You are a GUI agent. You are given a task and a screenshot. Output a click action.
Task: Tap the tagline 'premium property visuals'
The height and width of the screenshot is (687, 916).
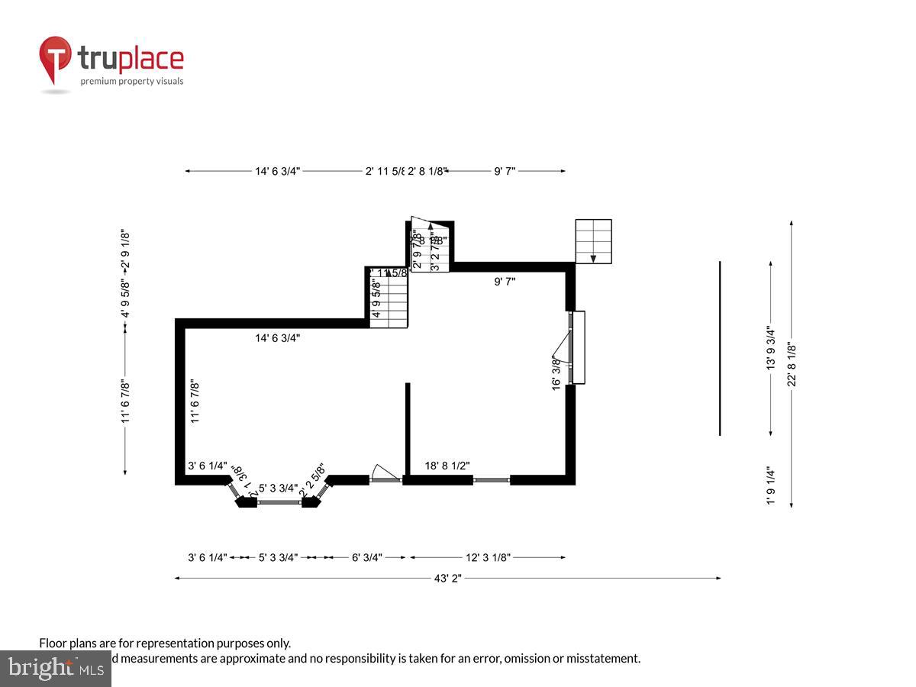pyautogui.click(x=132, y=81)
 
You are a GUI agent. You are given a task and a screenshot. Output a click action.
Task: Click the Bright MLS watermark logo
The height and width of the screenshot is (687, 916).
pyautogui.click(x=56, y=669)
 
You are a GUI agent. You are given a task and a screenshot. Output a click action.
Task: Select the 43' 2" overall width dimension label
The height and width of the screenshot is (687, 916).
pyautogui.click(x=447, y=579)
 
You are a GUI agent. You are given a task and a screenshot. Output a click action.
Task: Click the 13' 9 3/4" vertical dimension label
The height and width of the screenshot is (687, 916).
pyautogui.click(x=771, y=348)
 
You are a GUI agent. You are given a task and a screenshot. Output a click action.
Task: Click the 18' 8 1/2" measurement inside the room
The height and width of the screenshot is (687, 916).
pyautogui.click(x=447, y=465)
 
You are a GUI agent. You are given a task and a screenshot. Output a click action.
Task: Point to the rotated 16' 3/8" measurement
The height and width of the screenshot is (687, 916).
pyautogui.click(x=556, y=373)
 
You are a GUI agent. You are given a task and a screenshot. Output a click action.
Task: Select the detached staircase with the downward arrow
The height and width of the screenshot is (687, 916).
pyautogui.click(x=593, y=241)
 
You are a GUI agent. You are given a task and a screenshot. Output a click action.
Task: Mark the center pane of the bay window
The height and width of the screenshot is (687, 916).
pyautogui.click(x=279, y=502)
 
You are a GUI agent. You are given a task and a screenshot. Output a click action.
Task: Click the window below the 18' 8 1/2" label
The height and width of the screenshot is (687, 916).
pyautogui.click(x=491, y=480)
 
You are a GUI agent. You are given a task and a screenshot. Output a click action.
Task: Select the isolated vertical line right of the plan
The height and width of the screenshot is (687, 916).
pyautogui.click(x=720, y=348)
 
